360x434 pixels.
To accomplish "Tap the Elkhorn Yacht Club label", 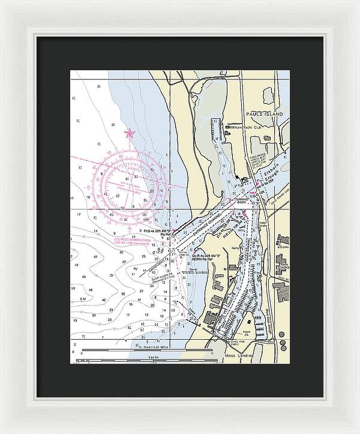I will [x=244, y=127].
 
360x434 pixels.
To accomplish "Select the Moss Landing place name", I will [x=239, y=357].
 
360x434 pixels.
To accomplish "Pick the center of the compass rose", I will [x=127, y=180].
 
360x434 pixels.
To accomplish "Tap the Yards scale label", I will [x=152, y=356].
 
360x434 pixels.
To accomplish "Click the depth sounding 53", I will [x=73, y=288].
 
